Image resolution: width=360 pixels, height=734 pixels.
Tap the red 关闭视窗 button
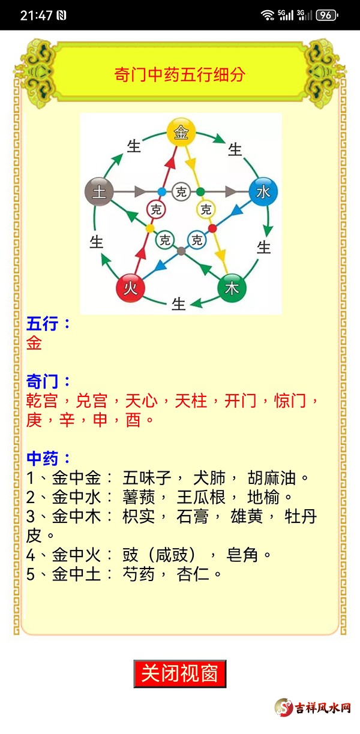180,673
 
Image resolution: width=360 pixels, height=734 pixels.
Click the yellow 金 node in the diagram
181,132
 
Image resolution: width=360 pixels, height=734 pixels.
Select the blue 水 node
263,192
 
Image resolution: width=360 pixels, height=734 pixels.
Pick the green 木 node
232,288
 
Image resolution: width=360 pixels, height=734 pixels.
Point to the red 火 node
130,288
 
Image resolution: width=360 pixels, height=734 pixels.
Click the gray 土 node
99,192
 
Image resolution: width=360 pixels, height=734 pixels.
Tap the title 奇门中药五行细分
179,74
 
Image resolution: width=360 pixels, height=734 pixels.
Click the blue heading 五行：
48,324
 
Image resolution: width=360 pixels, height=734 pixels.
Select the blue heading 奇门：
48,381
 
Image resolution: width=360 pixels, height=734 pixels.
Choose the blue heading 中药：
48,458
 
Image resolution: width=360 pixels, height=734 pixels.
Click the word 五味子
147,478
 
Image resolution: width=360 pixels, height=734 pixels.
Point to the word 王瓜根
201,497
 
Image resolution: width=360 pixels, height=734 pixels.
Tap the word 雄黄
247,516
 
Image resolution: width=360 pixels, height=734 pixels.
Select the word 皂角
242,555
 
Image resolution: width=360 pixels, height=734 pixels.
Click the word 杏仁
193,574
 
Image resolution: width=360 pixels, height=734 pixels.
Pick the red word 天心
142,401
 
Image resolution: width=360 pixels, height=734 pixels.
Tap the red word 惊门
290,401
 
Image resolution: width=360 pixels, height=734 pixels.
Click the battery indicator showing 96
326,15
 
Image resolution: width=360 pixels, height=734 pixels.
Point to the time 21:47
36,16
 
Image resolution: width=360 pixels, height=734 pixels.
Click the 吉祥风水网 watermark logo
313,708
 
